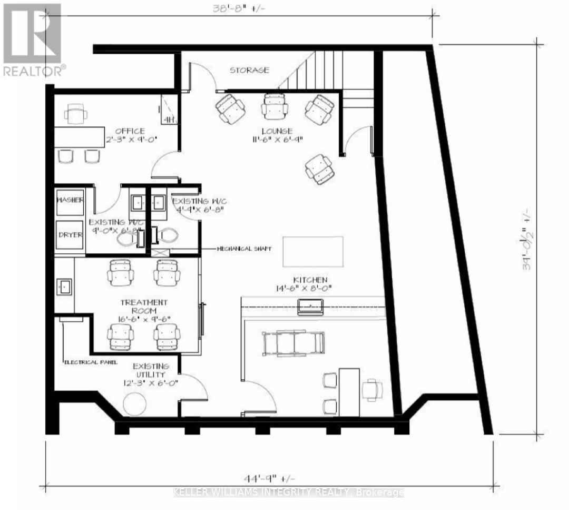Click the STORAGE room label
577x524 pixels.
click(x=249, y=70)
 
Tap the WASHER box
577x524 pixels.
click(x=70, y=202)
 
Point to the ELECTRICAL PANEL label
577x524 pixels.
click(x=90, y=362)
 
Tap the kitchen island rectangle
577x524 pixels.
click(x=314, y=251)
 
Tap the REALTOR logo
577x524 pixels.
click(x=33, y=39)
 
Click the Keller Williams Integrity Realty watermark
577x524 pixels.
click(x=288, y=492)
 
